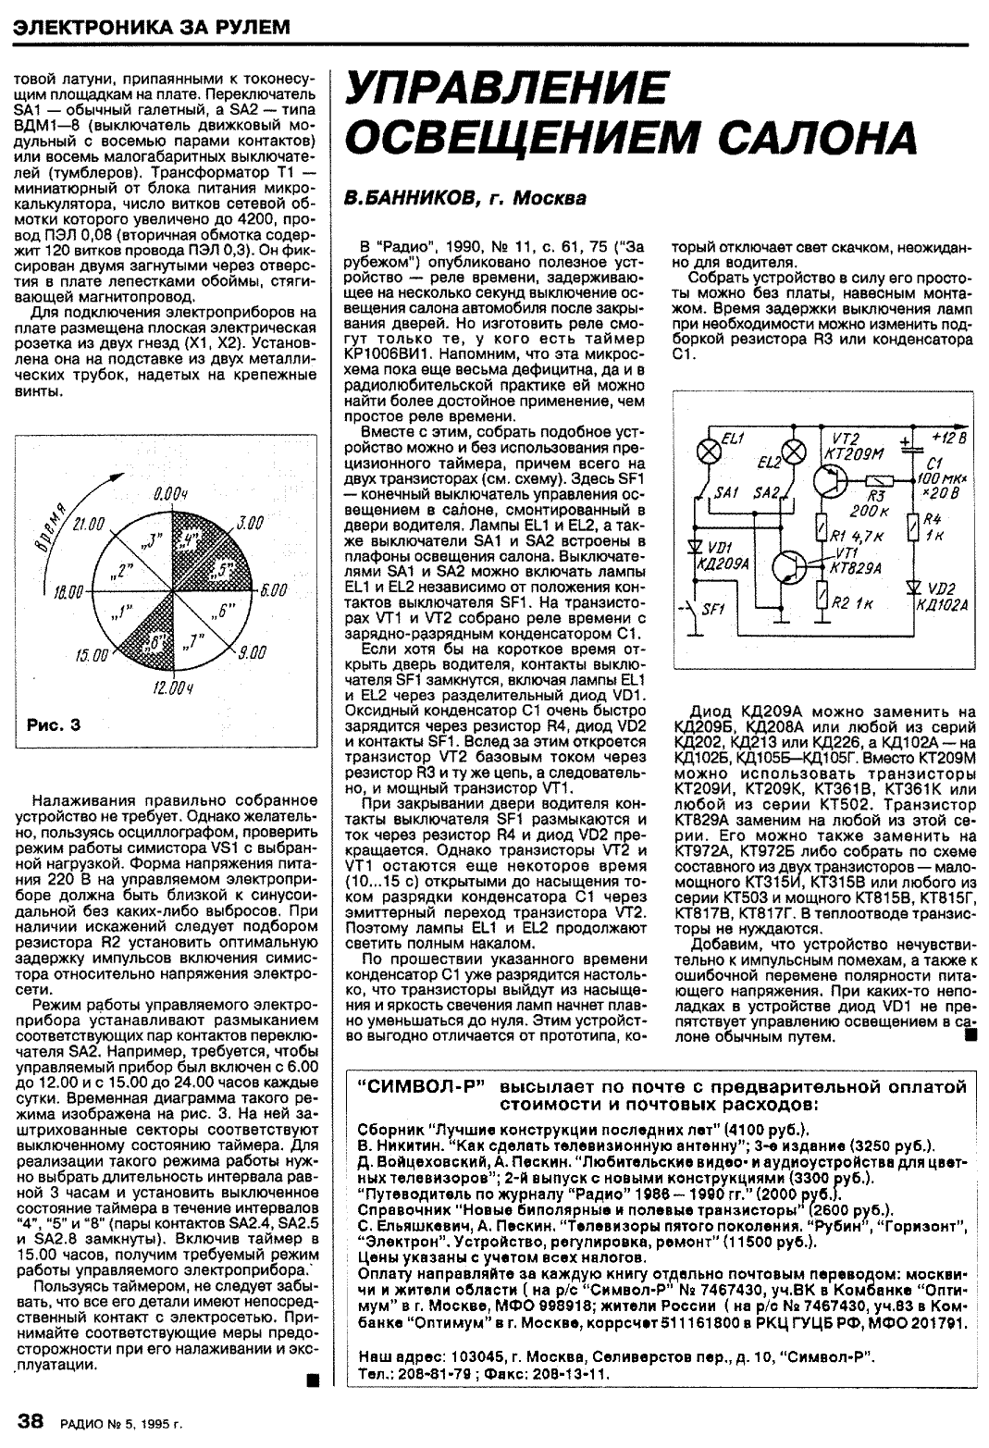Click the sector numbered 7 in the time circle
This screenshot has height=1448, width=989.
[x=195, y=640]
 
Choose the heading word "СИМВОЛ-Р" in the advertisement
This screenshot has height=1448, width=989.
[x=422, y=1086]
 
